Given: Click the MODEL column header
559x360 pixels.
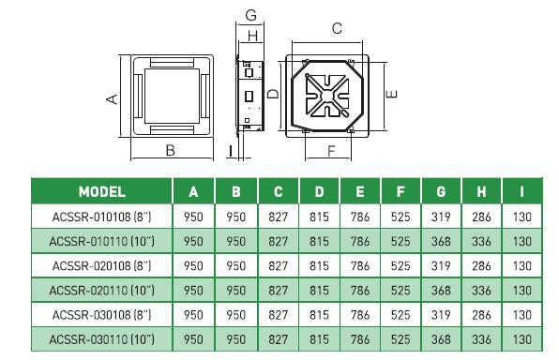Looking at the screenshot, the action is (x=102, y=192).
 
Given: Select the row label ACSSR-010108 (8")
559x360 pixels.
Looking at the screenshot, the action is (x=101, y=217).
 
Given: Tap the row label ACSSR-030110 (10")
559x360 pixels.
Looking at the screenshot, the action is (x=101, y=339).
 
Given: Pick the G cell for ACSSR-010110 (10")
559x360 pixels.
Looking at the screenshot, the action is (x=441, y=241).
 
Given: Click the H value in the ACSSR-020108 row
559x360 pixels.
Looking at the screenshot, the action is (x=481, y=266).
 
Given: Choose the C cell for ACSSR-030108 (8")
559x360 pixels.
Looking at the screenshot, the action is (x=278, y=315).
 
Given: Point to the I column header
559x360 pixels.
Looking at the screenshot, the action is (x=521, y=192).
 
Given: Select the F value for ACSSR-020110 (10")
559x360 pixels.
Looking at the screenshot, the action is (x=400, y=291).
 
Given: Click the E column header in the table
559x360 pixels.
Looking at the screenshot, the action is (x=360, y=192).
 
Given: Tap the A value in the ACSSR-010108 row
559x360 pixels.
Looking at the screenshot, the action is (x=193, y=217).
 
